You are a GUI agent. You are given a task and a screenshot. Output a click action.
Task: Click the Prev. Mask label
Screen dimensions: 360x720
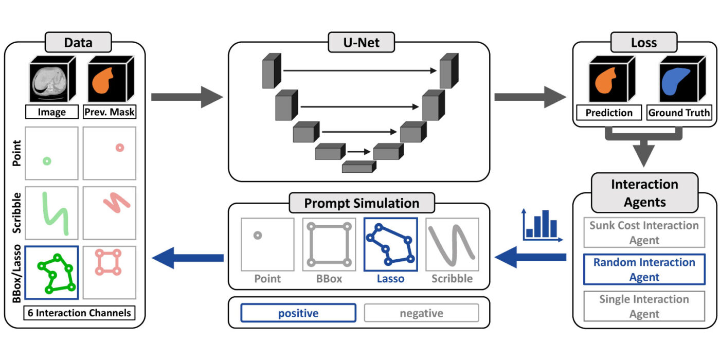[x=109, y=112]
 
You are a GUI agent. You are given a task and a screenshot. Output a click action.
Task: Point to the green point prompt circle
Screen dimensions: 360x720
[x=47, y=161]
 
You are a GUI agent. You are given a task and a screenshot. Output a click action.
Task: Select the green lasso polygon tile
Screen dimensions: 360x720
[x=51, y=272]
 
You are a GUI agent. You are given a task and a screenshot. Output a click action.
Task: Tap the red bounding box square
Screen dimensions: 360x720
[x=109, y=262]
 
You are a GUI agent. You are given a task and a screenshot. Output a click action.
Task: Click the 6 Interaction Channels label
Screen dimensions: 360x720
[x=79, y=312]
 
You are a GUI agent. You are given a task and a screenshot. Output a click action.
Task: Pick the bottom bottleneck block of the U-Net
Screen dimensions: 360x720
[x=358, y=167]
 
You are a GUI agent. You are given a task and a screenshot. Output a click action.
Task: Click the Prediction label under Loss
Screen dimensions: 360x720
[x=609, y=113]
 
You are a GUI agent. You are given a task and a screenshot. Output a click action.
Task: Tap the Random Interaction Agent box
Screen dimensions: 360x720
[x=644, y=269]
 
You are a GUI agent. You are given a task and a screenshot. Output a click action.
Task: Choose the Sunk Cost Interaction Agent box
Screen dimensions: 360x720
[x=644, y=232]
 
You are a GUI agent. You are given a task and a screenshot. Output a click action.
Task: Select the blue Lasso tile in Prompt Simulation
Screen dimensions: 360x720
[x=390, y=245]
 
